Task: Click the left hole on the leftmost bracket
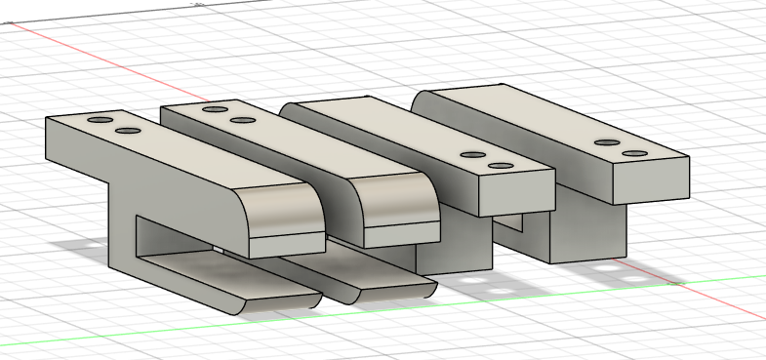pyautogui.click(x=100, y=119)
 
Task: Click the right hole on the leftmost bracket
pyautogui.click(x=126, y=130)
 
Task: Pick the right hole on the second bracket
pyautogui.click(x=241, y=120)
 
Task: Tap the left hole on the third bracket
pyautogui.click(x=473, y=155)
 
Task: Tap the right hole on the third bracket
pyautogui.click(x=502, y=167)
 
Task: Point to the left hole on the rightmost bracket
pyautogui.click(x=607, y=142)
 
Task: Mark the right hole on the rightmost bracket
pyautogui.click(x=635, y=154)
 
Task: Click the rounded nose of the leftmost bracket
pyautogui.click(x=283, y=210)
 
